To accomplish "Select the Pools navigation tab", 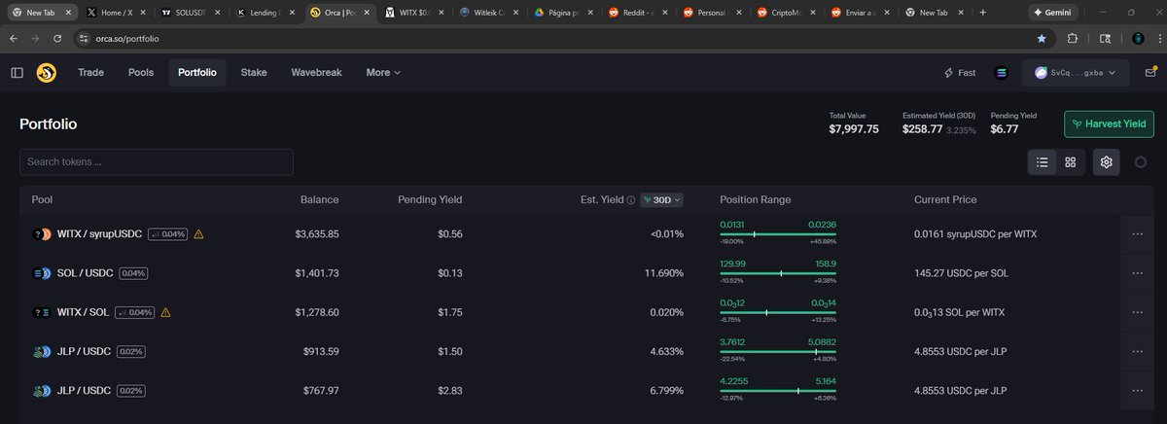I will (141, 72).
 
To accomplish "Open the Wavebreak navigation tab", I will (316, 72).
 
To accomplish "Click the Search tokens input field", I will (156, 161).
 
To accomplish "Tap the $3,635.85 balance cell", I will (316, 234).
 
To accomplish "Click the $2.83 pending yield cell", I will (448, 390).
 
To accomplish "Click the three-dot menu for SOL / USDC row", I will (1137, 273).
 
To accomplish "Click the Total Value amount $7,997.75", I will (853, 128).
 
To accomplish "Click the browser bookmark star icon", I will (1042, 38).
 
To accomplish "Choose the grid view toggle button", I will (1070, 162).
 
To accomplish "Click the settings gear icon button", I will (1106, 162).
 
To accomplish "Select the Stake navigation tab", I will (254, 72).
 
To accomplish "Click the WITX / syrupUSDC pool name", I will (99, 234).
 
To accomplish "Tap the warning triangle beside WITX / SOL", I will (165, 312).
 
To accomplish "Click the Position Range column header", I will (755, 199).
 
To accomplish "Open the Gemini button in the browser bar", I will (1065, 12).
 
